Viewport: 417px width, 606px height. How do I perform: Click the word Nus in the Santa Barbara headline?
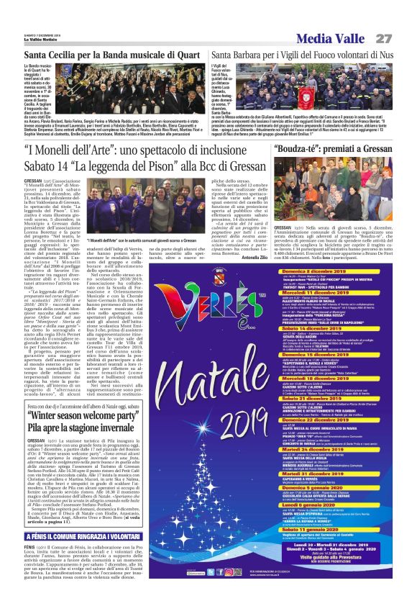point(384,54)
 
